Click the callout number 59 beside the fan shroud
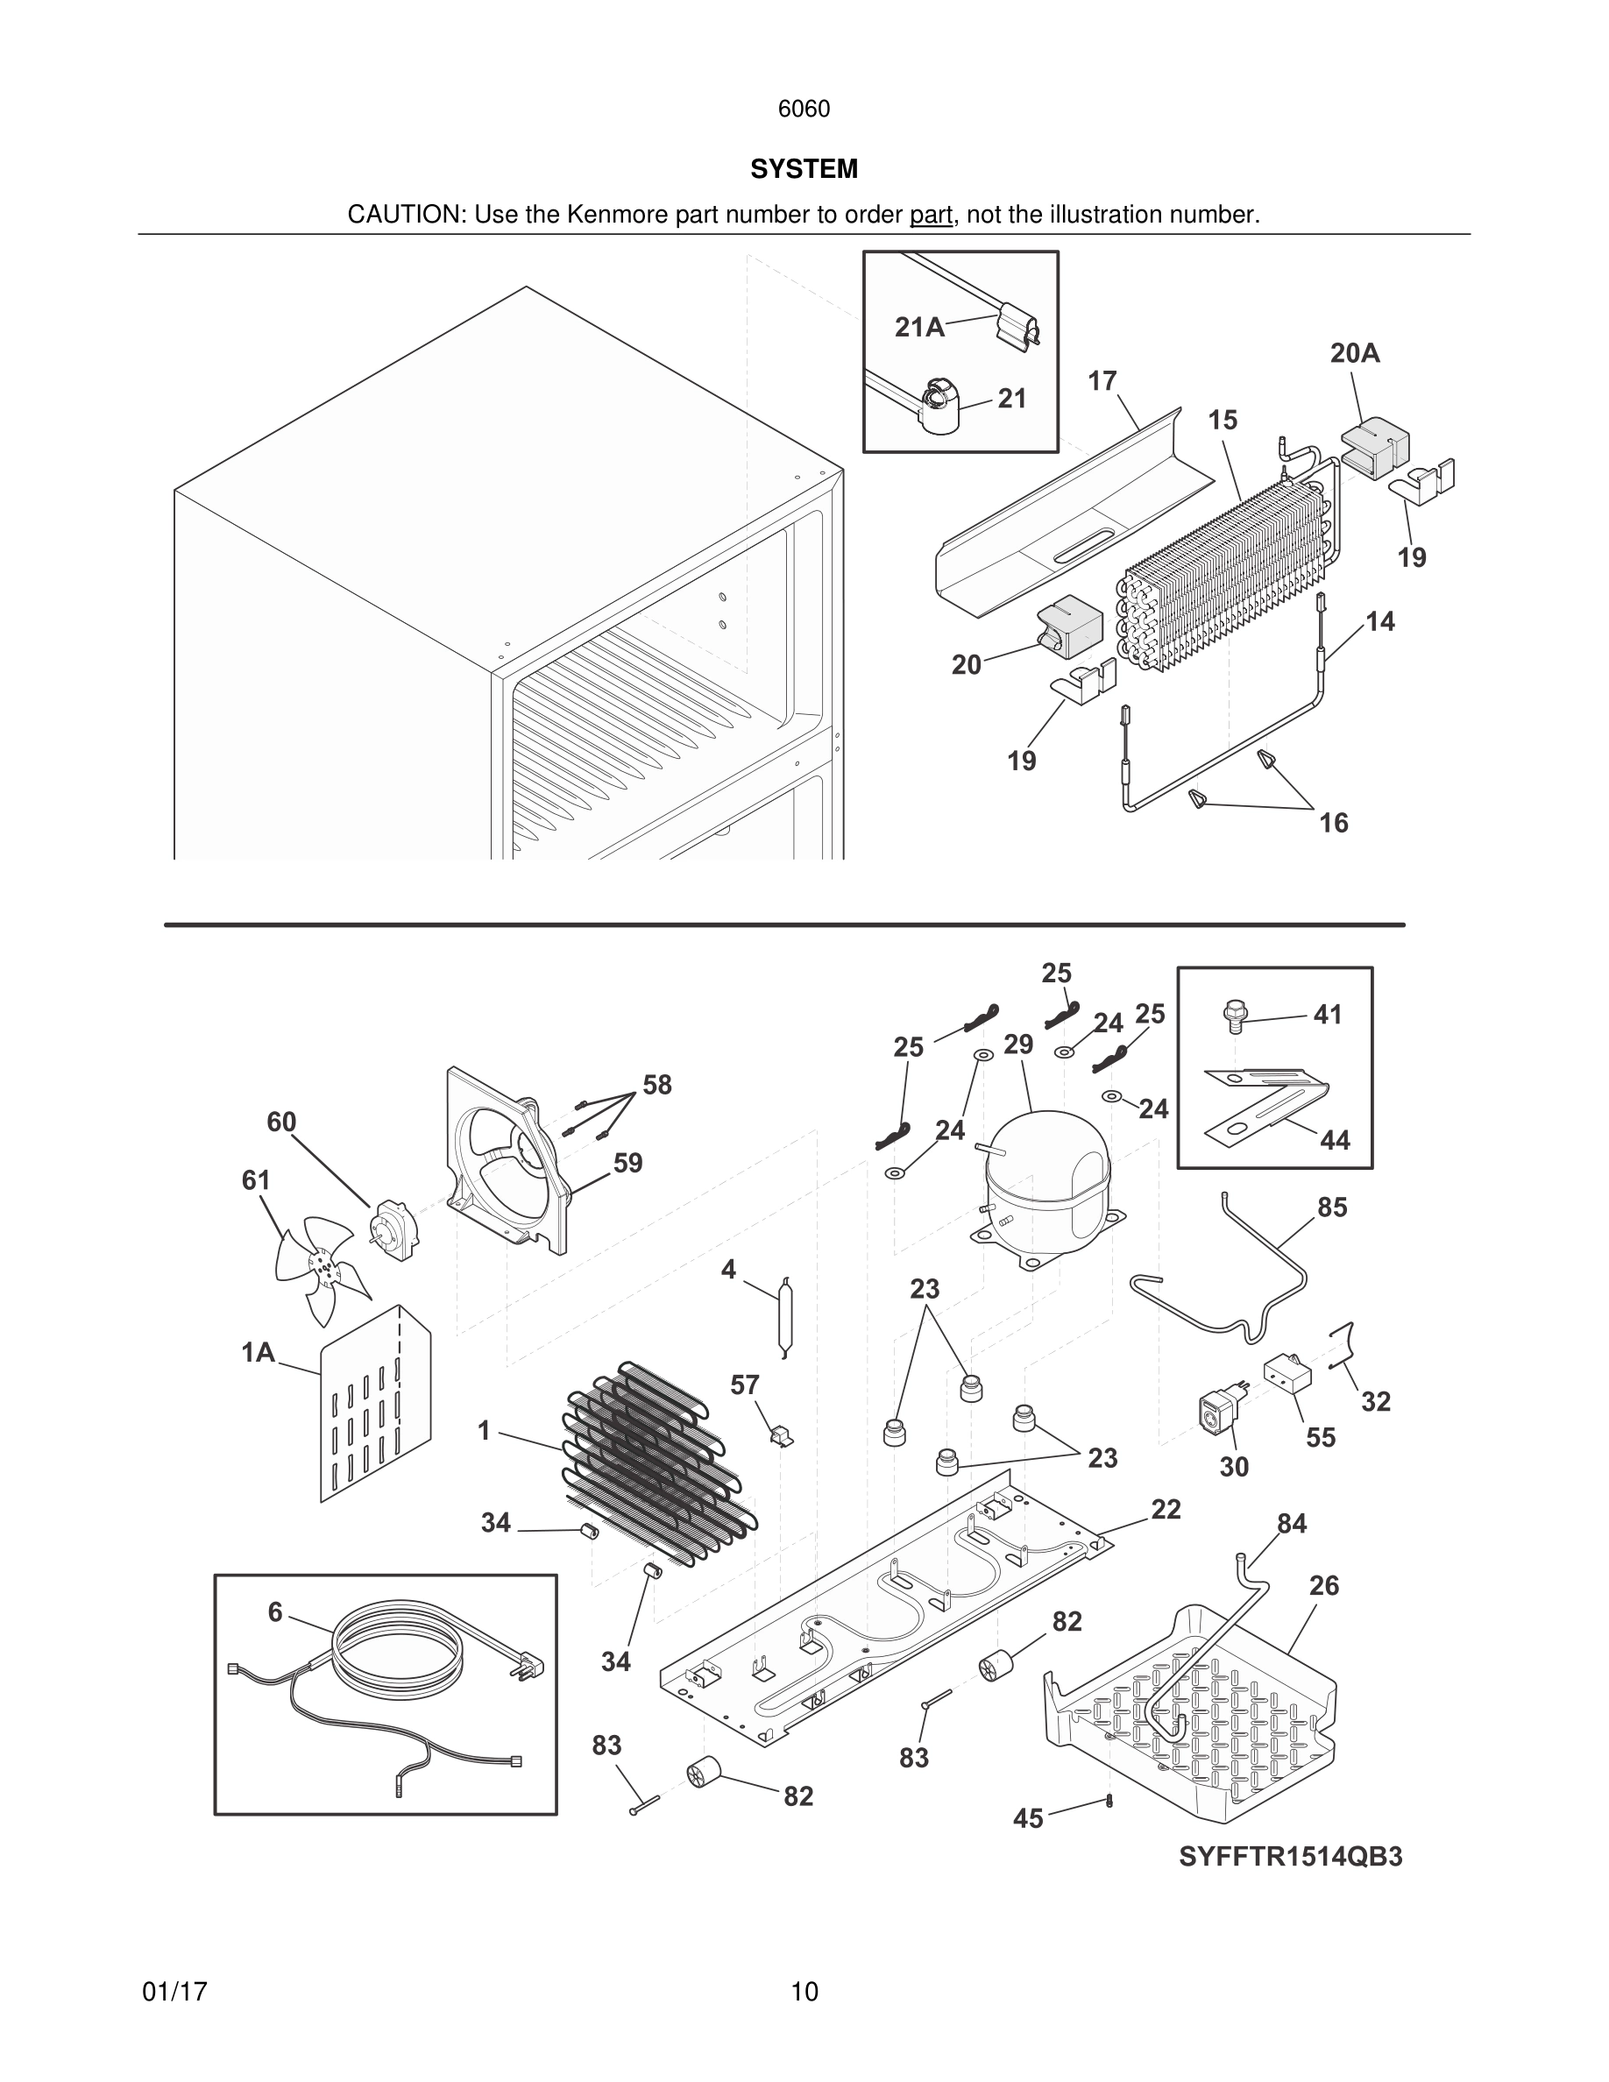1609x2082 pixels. point(627,1163)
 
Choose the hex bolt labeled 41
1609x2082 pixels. point(1233,1016)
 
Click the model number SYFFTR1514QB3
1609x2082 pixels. point(1290,1857)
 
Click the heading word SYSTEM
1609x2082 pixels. point(804,169)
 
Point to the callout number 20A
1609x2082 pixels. point(1355,354)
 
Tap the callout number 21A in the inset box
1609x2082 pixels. point(919,328)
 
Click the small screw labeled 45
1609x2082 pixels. point(1110,1800)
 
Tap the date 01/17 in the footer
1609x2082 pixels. point(174,1992)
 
